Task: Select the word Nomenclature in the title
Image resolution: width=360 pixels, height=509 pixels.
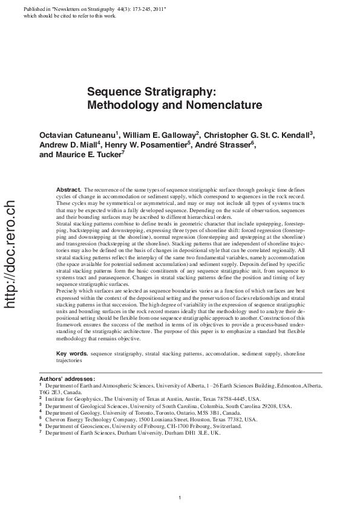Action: [194, 105]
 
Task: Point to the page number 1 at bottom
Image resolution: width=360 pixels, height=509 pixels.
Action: [180, 497]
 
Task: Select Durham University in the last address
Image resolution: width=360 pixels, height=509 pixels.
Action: [146, 433]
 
